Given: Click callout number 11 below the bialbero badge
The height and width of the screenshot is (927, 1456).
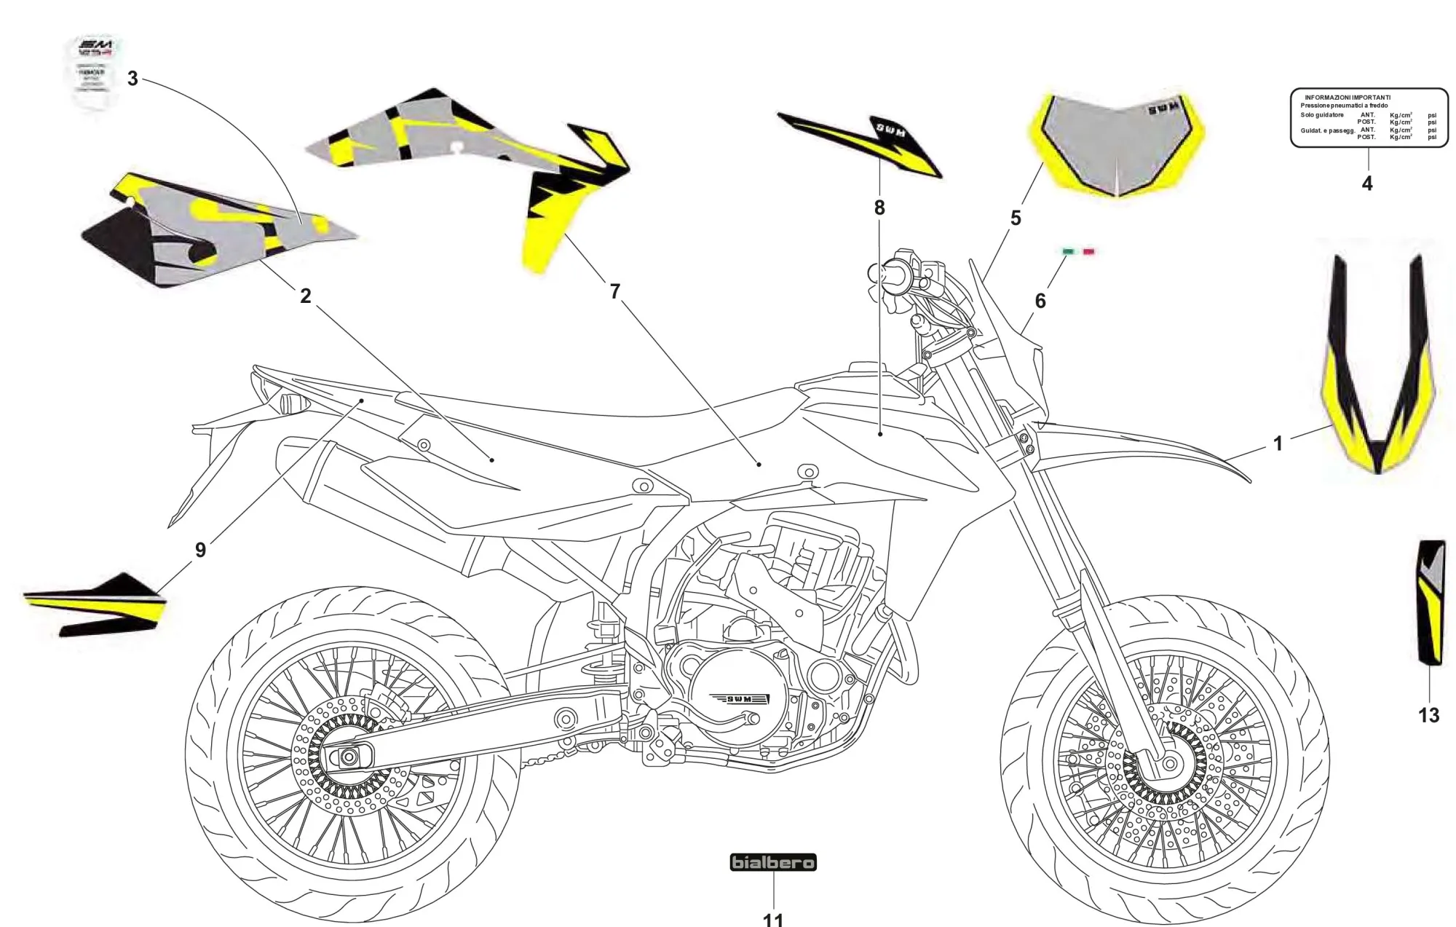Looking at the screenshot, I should pos(772,920).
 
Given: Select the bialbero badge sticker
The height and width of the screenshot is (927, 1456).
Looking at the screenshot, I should pos(773,863).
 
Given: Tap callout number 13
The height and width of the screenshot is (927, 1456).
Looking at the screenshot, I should pos(1428,715).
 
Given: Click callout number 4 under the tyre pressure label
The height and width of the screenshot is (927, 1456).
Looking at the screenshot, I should pos(1366,184).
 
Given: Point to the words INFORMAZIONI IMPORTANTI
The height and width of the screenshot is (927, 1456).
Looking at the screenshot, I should pos(1347,98).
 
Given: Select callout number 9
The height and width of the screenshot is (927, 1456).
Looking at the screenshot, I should pos(200,550).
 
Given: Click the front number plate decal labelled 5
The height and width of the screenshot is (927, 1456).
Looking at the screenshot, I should pos(1118,146).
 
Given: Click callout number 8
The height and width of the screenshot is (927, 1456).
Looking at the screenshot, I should pos(879,208).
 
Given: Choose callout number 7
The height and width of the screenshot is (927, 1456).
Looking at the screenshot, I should pos(615,291).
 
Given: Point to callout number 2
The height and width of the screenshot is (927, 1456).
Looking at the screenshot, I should pos(305,296).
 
